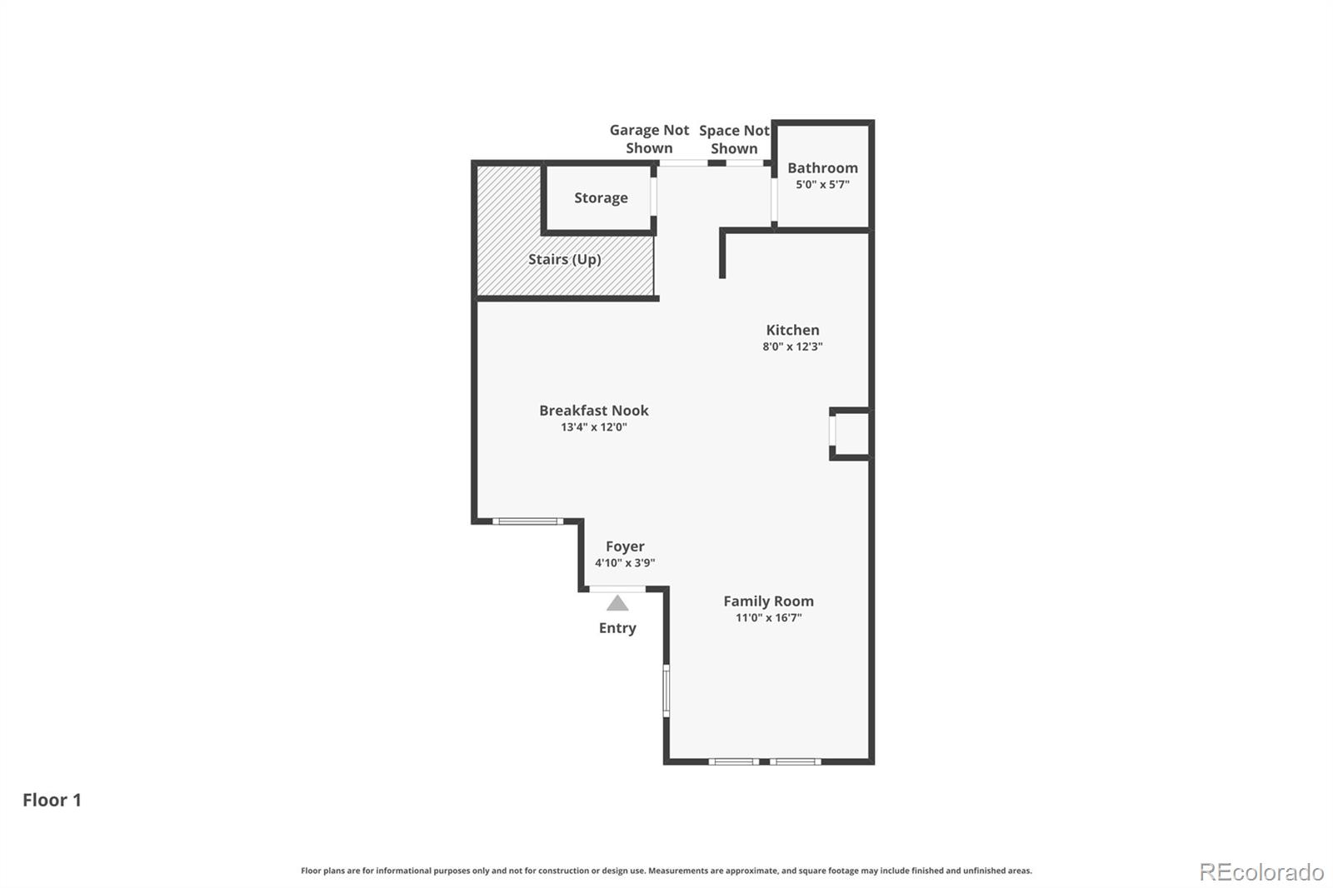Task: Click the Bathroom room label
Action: click(822, 167)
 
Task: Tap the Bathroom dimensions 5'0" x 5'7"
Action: click(822, 184)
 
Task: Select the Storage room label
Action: click(601, 197)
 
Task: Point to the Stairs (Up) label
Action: click(565, 260)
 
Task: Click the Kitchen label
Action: click(792, 330)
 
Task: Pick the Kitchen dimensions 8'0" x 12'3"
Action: click(792, 347)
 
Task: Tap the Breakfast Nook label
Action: click(593, 410)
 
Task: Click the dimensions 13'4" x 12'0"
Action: click(593, 427)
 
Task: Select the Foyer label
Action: click(625, 546)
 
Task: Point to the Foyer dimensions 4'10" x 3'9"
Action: click(625, 562)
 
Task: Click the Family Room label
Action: click(768, 601)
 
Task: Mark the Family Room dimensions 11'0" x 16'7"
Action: click(768, 617)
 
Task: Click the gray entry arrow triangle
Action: click(617, 604)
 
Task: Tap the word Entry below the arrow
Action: click(617, 628)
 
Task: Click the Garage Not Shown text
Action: click(649, 138)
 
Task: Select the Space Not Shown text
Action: click(734, 139)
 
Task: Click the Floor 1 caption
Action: click(52, 800)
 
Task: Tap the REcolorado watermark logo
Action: click(1261, 872)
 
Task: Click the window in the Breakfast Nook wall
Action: click(528, 521)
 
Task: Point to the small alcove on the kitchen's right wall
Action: click(851, 434)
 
